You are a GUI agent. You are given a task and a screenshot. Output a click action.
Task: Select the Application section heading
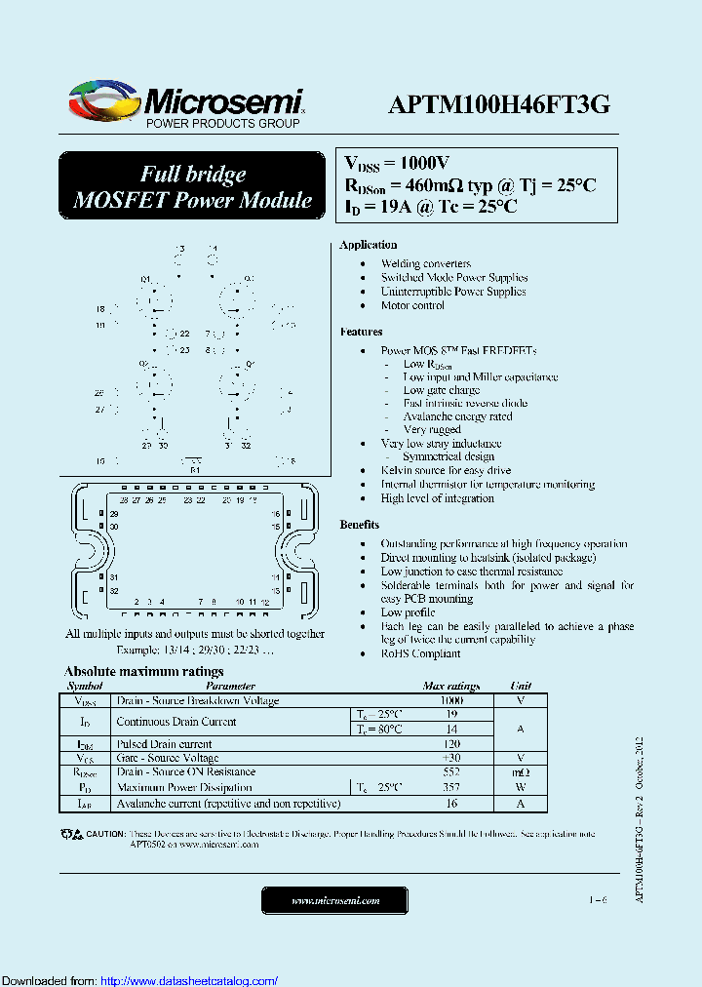click(368, 245)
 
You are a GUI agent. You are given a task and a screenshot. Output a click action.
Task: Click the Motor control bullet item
click(412, 305)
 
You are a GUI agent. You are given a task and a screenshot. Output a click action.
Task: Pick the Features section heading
click(361, 332)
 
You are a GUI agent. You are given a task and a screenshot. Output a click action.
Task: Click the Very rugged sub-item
click(432, 429)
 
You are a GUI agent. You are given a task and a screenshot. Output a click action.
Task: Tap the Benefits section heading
click(360, 525)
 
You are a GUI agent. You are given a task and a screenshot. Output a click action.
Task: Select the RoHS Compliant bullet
click(420, 653)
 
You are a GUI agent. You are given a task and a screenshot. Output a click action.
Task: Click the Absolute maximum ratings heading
click(143, 671)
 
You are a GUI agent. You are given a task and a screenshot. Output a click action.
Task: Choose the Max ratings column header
click(450, 686)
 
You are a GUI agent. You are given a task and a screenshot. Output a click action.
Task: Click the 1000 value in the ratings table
click(450, 700)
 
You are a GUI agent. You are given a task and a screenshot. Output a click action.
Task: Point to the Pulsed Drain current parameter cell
click(163, 743)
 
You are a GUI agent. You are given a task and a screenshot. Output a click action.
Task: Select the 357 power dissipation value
click(450, 787)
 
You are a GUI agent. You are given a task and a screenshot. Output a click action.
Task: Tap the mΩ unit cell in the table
click(520, 771)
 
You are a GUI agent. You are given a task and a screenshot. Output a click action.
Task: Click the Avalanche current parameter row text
click(228, 804)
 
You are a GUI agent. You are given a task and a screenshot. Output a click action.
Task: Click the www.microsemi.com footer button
click(335, 900)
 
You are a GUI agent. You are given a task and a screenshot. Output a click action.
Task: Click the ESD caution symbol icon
click(71, 835)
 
